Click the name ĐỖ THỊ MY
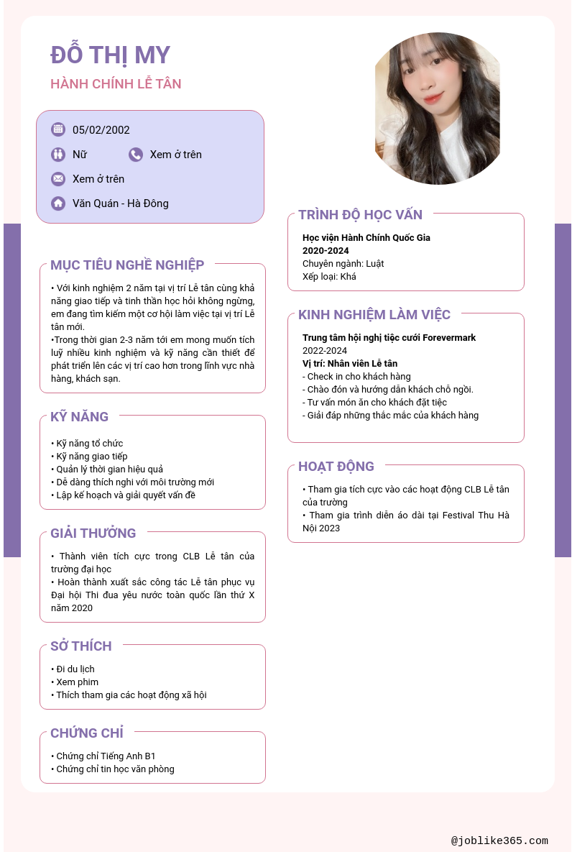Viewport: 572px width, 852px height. [110, 55]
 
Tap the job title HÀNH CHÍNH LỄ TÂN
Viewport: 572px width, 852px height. [116, 84]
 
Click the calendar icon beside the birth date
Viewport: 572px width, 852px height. [58, 129]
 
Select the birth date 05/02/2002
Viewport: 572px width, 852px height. [101, 130]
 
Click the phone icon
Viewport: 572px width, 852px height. [136, 155]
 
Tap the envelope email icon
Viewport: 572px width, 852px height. [58, 179]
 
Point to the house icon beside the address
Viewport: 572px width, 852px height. [58, 203]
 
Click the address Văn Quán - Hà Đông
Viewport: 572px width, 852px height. [121, 203]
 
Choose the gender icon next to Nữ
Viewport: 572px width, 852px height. [58, 155]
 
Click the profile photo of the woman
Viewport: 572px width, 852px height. [437, 108]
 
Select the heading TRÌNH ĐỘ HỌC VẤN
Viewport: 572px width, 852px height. [360, 214]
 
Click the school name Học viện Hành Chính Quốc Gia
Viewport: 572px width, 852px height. [366, 238]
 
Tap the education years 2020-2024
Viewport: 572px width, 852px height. [326, 251]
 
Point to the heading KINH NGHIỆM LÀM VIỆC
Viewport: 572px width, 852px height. [374, 315]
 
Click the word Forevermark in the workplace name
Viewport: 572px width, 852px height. [449, 338]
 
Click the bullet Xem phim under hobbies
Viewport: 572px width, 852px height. [78, 682]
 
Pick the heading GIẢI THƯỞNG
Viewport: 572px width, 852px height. [93, 533]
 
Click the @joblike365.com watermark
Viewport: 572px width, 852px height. [499, 840]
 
